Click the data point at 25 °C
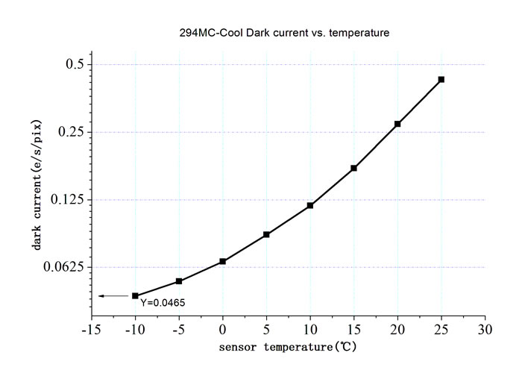point(441,79)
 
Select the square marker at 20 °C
point(397,124)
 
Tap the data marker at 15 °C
point(354,168)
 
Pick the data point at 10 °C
point(310,205)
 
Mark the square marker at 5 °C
point(266,234)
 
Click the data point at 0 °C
point(223,261)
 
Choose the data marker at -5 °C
point(179,281)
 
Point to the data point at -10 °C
point(135,295)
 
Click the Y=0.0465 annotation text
point(163,303)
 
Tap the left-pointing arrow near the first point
point(113,295)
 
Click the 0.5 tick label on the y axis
point(75,63)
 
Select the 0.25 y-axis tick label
point(71,131)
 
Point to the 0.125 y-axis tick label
point(67,199)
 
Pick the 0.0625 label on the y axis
point(63,266)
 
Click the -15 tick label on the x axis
point(91,330)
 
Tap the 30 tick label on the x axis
point(485,330)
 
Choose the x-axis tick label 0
point(222,330)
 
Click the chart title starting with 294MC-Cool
point(284,33)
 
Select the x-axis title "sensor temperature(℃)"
point(288,347)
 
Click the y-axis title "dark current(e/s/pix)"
point(37,185)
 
